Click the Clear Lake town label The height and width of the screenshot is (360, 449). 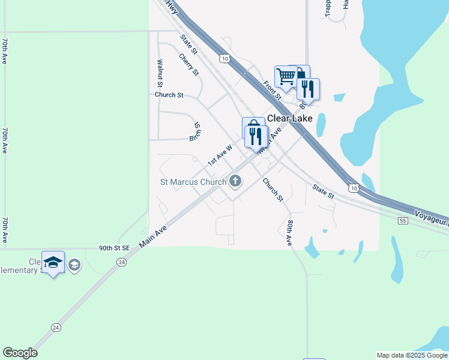(x=290, y=118)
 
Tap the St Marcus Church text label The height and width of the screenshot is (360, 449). (x=193, y=181)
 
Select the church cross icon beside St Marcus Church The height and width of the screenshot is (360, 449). (x=235, y=181)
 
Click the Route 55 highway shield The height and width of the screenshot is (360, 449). (x=403, y=221)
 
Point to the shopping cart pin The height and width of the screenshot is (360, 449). (x=286, y=76)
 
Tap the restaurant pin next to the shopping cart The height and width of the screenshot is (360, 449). (x=308, y=89)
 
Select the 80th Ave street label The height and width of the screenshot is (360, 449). (x=290, y=233)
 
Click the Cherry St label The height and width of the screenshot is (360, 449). (x=189, y=65)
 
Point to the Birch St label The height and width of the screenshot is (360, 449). (x=195, y=131)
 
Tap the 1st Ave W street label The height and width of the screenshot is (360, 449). (x=220, y=155)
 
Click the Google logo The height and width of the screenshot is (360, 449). (x=20, y=353)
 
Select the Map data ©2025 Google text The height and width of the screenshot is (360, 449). (x=412, y=355)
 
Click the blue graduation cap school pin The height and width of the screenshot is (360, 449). (x=53, y=262)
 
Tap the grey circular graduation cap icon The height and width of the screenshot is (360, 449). (x=74, y=265)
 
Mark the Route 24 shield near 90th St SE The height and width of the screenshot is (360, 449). (x=122, y=262)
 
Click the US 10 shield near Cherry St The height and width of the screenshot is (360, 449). (x=224, y=58)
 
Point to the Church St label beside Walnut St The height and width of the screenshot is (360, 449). (x=169, y=95)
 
